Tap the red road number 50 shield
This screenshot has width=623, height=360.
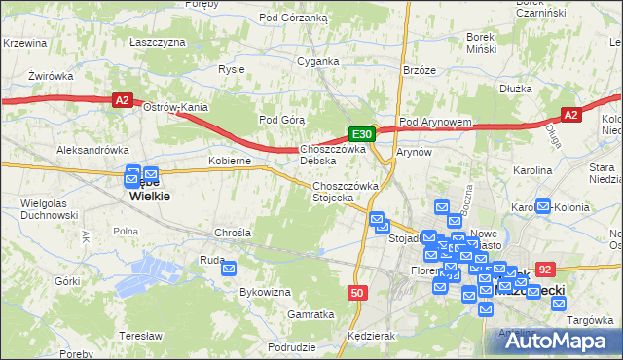pyautogui.click(x=357, y=292)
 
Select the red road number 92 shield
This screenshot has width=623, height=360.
pyautogui.click(x=545, y=270)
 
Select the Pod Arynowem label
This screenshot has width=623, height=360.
pyautogui.click(x=435, y=123)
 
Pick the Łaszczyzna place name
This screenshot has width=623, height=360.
pyautogui.click(x=158, y=43)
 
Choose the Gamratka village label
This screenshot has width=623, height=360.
pyautogui.click(x=311, y=314)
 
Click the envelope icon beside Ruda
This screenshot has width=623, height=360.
pyautogui.click(x=230, y=268)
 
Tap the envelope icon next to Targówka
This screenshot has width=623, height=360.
pyautogui.click(x=559, y=303)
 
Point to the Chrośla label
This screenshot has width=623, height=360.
pyautogui.click(x=233, y=234)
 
